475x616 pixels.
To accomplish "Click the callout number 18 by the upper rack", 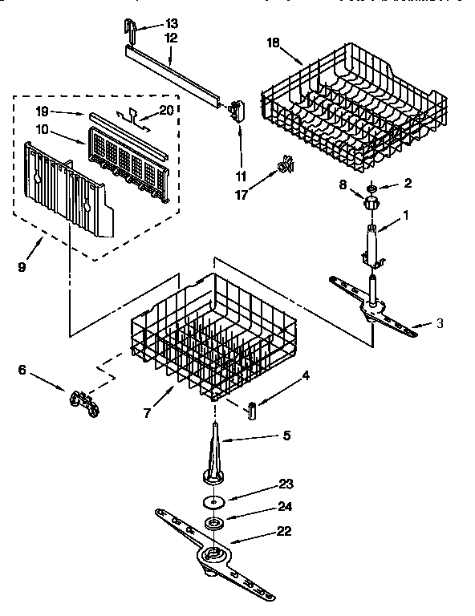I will tap(274, 43).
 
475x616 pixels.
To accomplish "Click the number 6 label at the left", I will tap(22, 370).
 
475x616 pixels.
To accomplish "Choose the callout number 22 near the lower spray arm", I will tap(285, 531).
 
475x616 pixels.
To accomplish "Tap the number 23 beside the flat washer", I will tap(286, 484).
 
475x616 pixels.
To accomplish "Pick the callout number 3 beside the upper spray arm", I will tap(440, 323).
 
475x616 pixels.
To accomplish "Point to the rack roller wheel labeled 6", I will tap(83, 400).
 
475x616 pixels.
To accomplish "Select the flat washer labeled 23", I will tap(214, 502).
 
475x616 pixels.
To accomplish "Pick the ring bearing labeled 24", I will tap(214, 524).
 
